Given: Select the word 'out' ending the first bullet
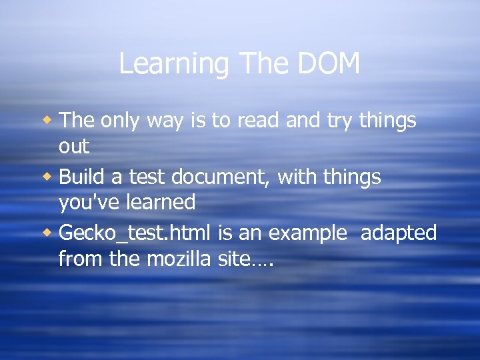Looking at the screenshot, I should click(x=74, y=146).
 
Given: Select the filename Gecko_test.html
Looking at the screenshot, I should click(x=135, y=233).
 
